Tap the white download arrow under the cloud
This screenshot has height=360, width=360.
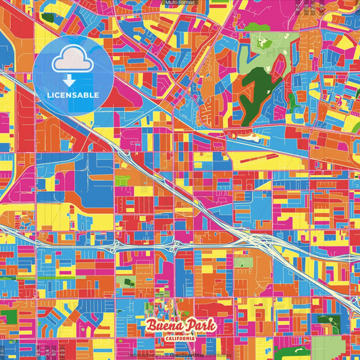(x=72, y=82)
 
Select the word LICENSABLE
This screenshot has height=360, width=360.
(x=72, y=95)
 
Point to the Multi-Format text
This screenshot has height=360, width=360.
(x=180, y=3)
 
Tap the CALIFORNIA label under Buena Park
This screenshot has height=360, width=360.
(x=180, y=338)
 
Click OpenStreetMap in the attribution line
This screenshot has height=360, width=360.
(x=187, y=355)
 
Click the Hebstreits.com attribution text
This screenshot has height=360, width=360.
(x=145, y=355)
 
